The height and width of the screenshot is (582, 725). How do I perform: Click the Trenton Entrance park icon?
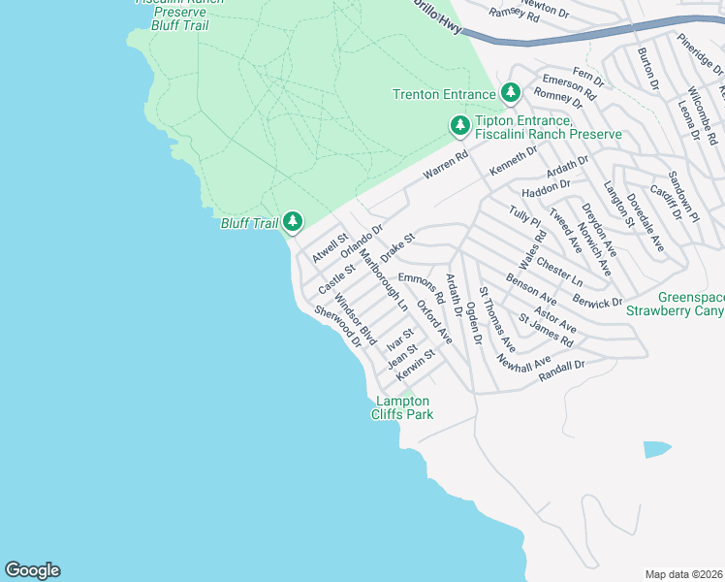(511, 94)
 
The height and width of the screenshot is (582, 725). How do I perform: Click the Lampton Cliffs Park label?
(402, 407)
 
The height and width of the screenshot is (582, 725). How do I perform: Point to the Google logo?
(32, 570)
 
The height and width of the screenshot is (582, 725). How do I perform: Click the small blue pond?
(656, 449)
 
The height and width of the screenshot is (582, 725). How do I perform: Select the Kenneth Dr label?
(513, 161)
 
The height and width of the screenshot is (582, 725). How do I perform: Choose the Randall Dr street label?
(566, 366)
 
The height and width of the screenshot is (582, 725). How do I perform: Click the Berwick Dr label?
(597, 303)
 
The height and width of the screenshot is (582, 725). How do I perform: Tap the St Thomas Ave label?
(497, 319)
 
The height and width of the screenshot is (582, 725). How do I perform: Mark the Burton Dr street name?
(648, 70)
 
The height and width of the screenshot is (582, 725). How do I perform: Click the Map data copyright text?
(684, 573)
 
